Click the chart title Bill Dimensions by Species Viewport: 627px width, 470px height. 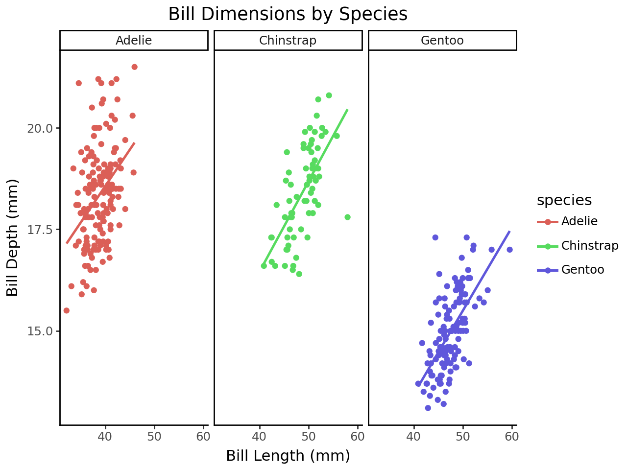(x=288, y=14)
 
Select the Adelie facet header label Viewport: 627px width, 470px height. (x=134, y=40)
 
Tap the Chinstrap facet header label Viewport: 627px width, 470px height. (x=288, y=40)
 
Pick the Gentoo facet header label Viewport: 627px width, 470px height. (x=442, y=40)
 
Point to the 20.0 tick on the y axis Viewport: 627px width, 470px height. (x=40, y=128)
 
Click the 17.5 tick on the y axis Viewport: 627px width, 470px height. (x=40, y=230)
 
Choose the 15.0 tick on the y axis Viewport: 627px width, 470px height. (x=40, y=331)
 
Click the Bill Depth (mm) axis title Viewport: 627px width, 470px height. (x=13, y=237)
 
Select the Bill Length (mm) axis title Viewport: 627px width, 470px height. (x=288, y=456)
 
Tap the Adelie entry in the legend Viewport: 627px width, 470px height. (x=579, y=221)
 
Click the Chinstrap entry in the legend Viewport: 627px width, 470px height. (x=589, y=245)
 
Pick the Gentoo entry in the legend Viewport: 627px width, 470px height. (x=582, y=270)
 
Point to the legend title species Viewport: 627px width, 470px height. (x=564, y=200)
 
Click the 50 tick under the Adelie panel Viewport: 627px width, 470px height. (x=154, y=437)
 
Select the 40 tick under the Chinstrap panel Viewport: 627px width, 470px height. (x=259, y=437)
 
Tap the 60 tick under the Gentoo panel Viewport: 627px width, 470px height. (x=512, y=437)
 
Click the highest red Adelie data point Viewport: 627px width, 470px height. (x=134, y=67)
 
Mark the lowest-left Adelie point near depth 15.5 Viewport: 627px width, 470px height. (x=66, y=310)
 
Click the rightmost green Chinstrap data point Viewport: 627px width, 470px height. (x=347, y=217)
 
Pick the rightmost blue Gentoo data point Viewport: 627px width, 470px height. (x=509, y=250)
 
